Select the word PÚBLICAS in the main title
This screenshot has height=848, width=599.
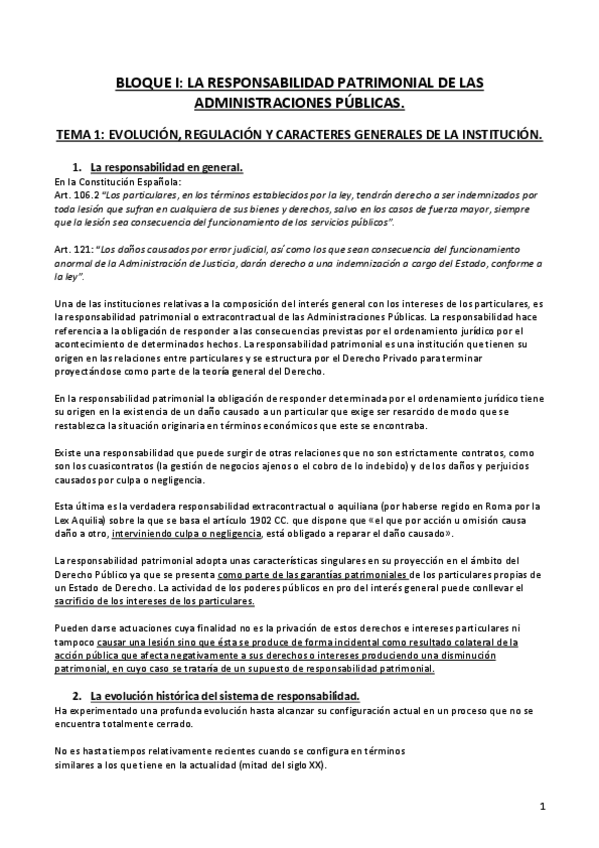pyautogui.click(x=366, y=102)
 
